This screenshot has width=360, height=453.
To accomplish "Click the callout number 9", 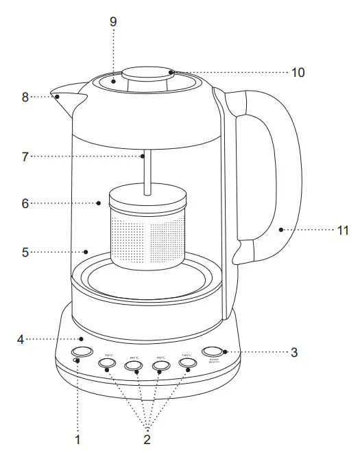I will click(113, 22).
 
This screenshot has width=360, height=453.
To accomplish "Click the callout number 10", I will click(298, 72).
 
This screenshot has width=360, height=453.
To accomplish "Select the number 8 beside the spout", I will click(25, 97).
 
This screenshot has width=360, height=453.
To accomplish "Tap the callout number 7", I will click(25, 156).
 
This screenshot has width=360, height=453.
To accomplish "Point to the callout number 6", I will click(25, 203).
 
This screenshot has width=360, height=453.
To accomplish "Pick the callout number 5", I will click(25, 252).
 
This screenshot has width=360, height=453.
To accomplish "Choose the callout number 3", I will click(294, 352).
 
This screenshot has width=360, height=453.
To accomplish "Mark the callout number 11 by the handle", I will click(343, 231).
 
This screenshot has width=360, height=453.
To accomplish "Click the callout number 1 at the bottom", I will click(78, 439).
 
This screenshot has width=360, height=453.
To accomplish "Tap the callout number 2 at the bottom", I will click(147, 439).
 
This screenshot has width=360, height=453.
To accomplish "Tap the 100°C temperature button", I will click(187, 364).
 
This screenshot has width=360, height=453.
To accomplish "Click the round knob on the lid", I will click(145, 75).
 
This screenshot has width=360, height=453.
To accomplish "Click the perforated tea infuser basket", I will click(146, 237).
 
